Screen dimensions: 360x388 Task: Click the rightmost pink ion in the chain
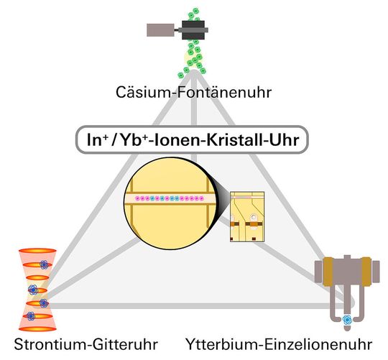204,196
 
